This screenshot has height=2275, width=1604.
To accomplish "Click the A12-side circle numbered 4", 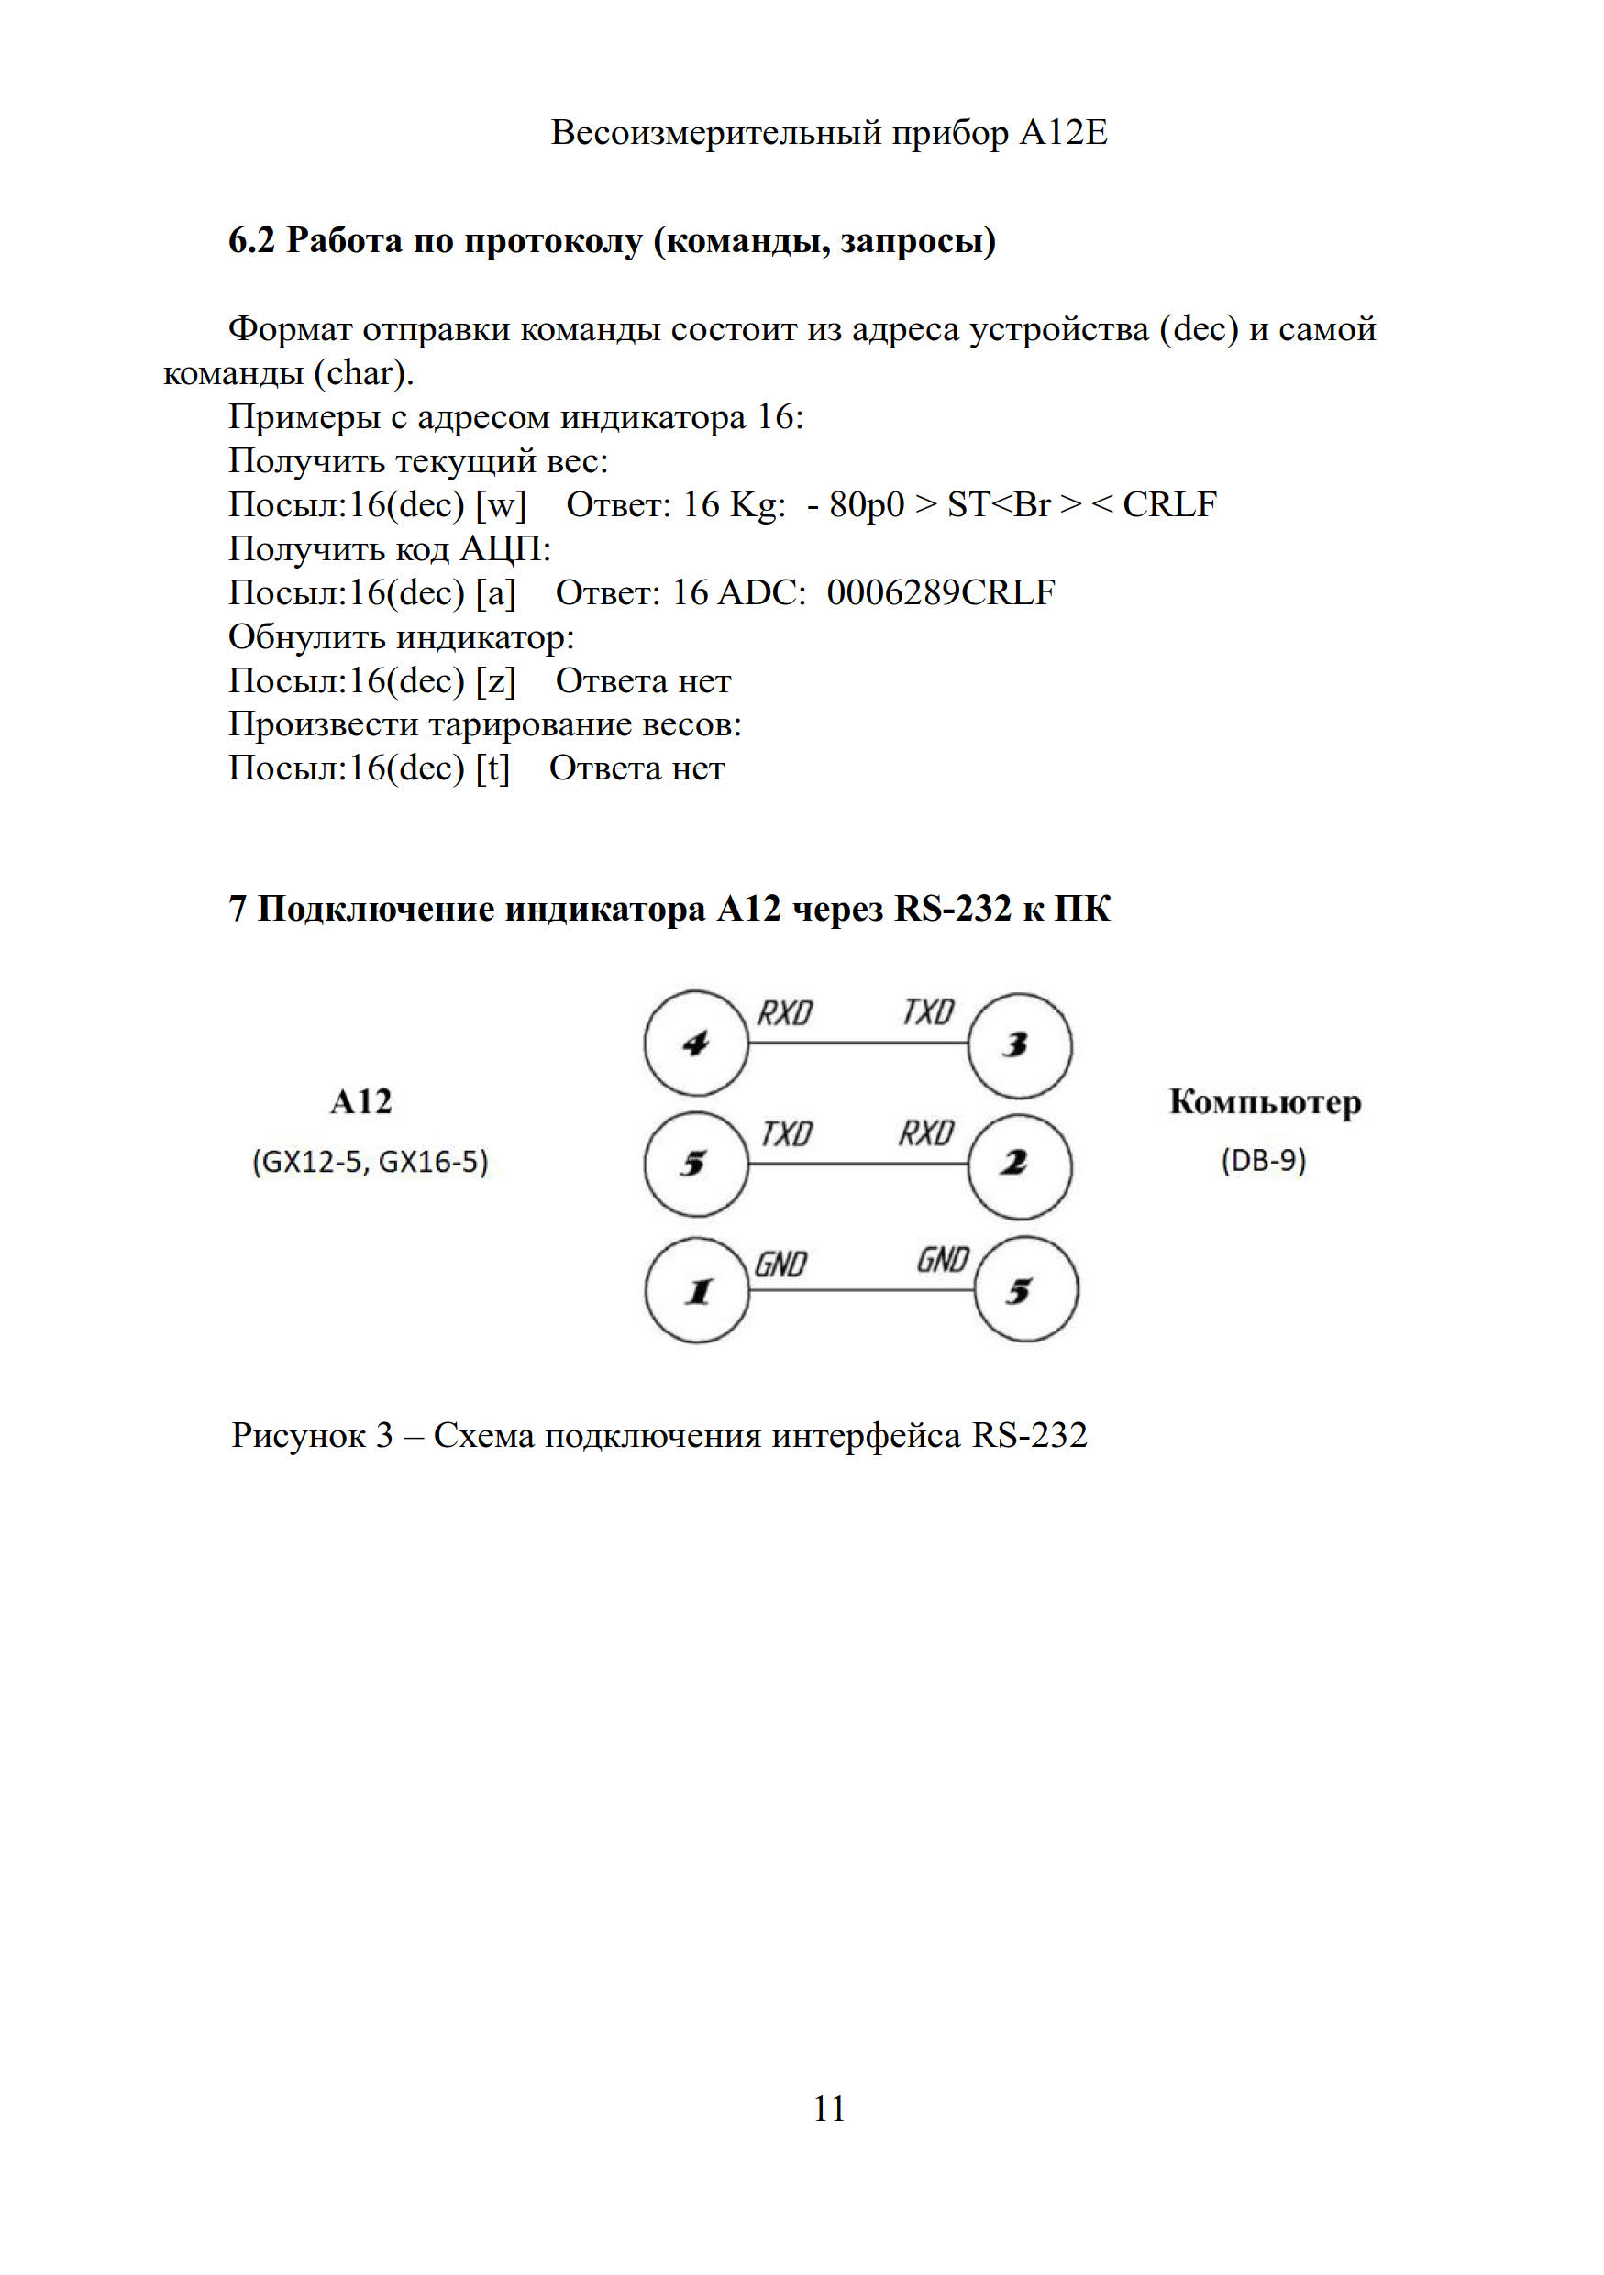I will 695,1043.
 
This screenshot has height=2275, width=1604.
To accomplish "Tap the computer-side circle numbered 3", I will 1019,1044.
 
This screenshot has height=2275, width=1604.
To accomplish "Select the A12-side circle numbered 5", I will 695,1164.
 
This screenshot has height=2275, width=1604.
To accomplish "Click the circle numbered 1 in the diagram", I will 698,1290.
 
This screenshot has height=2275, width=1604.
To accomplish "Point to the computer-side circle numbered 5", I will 1025,1290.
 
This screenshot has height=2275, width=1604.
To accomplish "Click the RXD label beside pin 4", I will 785,1012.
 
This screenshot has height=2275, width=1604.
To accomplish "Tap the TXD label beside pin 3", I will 927,1011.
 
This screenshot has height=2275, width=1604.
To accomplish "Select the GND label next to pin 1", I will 780,1265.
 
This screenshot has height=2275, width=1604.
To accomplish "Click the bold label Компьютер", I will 1264,1102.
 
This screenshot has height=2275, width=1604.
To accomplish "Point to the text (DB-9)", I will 1263,1159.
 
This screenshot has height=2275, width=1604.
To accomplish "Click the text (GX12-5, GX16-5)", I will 371,1161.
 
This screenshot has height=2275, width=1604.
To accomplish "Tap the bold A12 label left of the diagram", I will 360,1102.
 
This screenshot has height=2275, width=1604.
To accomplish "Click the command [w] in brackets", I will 501,505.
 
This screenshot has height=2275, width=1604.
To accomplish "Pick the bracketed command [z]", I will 495,680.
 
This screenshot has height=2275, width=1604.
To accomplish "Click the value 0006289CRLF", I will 940,592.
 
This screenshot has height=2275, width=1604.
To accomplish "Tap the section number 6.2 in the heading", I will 250,241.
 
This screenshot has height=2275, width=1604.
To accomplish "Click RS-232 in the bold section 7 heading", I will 952,909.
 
